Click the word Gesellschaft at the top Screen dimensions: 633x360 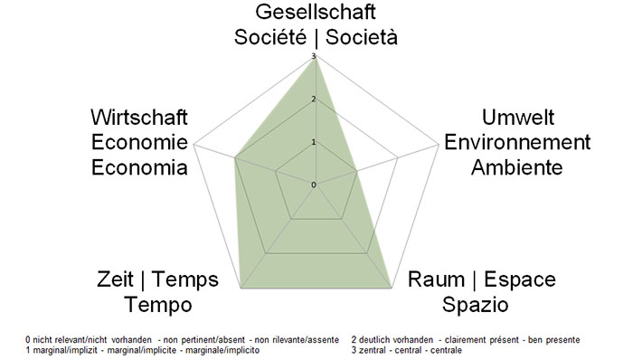(x=315, y=12)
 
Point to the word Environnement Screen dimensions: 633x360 (x=517, y=143)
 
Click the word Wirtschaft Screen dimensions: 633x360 (x=139, y=118)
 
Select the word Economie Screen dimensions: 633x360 (x=139, y=143)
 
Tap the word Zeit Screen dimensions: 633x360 (x=117, y=279)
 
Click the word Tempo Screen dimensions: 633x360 (x=158, y=302)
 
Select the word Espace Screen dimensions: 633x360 (x=521, y=279)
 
